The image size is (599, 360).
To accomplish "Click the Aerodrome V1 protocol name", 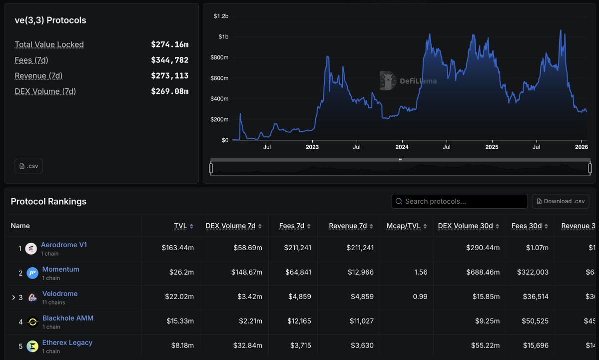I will pos(64,245).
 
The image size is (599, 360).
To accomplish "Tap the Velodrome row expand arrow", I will pos(13,298).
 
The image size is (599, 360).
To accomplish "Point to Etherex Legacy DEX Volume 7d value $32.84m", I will pos(247,346).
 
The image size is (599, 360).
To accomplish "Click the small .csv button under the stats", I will pos(28,166).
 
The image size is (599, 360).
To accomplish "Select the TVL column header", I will pos(180,226).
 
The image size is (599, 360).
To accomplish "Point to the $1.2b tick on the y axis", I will pos(221,16).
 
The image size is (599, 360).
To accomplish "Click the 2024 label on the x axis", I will pos(402,147).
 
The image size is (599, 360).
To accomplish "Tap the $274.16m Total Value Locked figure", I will pos(170,44).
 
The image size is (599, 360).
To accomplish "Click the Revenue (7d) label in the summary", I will pos(38,76).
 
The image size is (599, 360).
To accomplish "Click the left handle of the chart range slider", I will pos(211,168).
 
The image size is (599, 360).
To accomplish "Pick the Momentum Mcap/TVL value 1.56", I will pos(421,272).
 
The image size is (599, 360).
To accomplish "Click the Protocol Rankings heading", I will pos(48,201).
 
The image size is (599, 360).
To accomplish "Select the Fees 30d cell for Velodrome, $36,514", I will pos(535,297).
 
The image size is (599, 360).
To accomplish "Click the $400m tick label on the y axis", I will pos(219,99).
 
